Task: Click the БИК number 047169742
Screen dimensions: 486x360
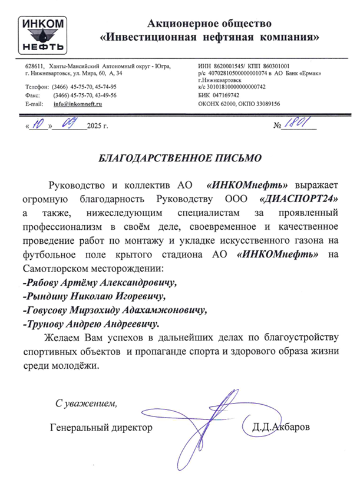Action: coord(226,95)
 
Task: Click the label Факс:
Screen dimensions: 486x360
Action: coord(33,95)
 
